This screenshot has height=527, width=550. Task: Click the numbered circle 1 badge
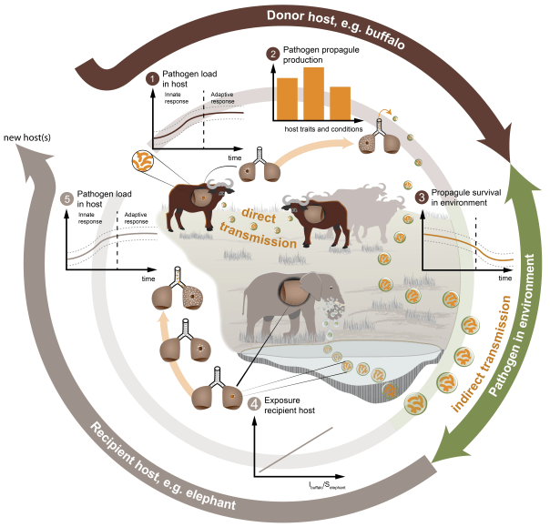[153, 78]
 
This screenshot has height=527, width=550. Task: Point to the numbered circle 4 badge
[254, 401]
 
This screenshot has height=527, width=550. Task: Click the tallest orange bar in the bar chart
[314, 94]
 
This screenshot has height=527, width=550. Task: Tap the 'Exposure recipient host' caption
[290, 407]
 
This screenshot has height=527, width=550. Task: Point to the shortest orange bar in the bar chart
[341, 104]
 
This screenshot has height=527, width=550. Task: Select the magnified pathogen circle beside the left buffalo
[148, 162]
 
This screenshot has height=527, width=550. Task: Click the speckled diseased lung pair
[192, 295]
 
